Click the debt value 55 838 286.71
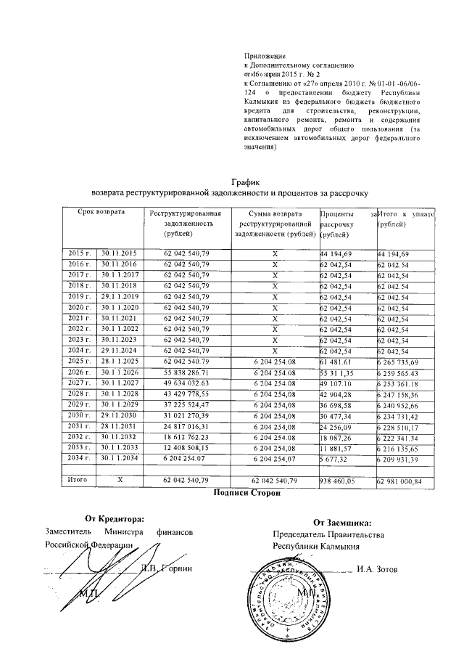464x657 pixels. [x=186, y=372]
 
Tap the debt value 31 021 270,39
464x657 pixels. [x=186, y=416]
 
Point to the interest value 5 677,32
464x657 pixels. [x=335, y=460]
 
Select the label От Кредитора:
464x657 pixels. [x=113, y=519]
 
